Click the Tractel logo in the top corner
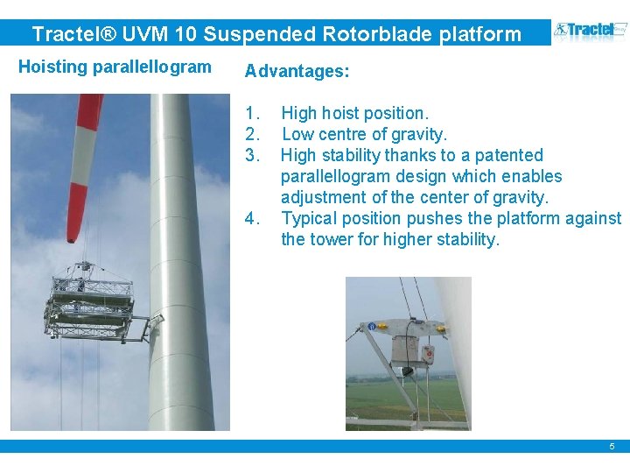tap(590, 32)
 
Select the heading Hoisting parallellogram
tap(115, 67)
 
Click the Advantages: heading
tap(297, 72)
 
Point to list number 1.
tap(253, 113)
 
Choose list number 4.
tap(253, 218)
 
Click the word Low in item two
tap(297, 134)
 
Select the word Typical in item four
tap(309, 218)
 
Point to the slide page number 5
tap(612, 447)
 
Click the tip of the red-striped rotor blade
tap(71, 235)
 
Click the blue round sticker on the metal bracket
tap(373, 327)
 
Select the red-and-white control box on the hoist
tap(428, 355)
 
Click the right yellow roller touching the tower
tap(440, 329)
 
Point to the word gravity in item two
tap(418, 134)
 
